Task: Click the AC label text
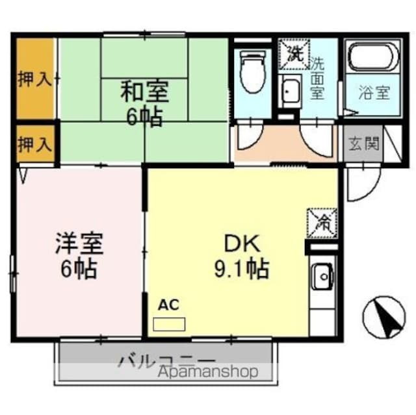168,304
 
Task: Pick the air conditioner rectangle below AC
168,323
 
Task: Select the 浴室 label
374,92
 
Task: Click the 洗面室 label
317,78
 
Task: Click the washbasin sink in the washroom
291,94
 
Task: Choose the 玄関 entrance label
363,144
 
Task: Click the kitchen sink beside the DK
320,277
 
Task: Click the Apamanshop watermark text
207,372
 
